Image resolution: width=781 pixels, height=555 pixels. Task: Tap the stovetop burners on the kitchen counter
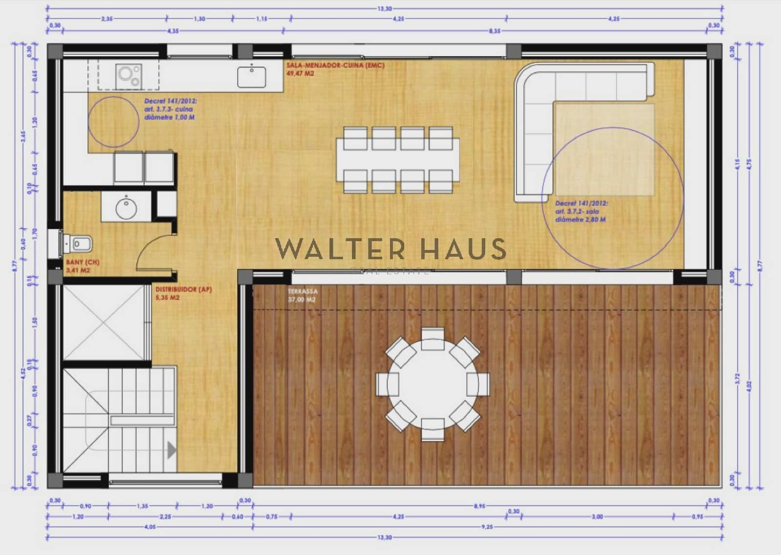pos(128,76)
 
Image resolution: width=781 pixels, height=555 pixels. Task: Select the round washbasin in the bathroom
pos(126,208)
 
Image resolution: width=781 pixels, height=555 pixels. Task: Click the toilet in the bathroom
pos(80,243)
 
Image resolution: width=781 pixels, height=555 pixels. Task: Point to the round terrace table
pos(432,384)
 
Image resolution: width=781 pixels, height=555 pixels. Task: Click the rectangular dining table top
pos(398,160)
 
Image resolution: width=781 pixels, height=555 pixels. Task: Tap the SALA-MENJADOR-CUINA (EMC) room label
pos(335,65)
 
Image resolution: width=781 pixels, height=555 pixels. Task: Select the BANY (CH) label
pos(82,262)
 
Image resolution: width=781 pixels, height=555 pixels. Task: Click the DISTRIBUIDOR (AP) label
pos(184,289)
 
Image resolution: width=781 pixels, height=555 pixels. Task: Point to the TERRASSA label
pos(303,291)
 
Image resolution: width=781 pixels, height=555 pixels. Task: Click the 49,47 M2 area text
pos(300,74)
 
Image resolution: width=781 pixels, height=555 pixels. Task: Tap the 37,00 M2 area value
pos(302,300)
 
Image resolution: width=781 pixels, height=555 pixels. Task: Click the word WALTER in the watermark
pos(340,249)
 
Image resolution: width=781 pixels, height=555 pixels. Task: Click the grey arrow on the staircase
pos(171,450)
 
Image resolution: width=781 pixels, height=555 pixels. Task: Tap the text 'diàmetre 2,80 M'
pos(580,220)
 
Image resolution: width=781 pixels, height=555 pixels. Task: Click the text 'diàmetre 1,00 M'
pos(169,118)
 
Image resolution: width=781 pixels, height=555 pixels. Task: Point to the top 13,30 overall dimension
pos(385,9)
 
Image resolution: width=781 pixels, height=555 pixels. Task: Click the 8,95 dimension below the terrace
pos(479,506)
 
